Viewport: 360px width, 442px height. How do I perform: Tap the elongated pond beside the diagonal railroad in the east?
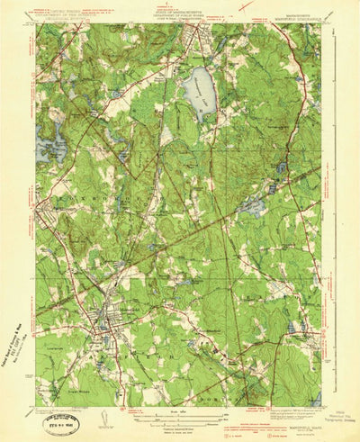(x=254, y=206)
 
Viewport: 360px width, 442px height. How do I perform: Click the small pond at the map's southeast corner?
(x=317, y=397)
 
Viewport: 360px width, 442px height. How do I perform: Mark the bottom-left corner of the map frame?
(x=37, y=406)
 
